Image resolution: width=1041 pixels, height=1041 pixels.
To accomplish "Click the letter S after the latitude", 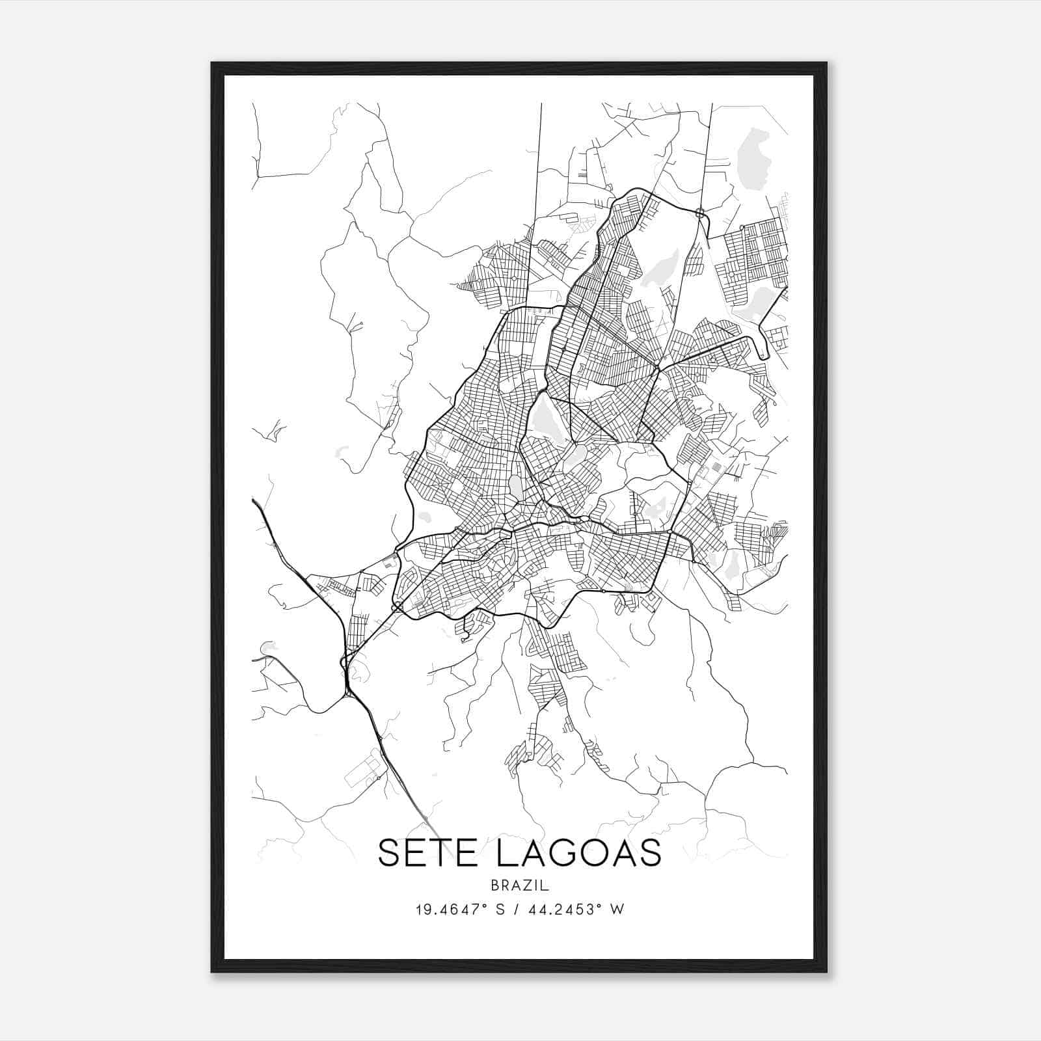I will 500,910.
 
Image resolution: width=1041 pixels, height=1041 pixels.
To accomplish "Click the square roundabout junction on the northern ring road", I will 700,212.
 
